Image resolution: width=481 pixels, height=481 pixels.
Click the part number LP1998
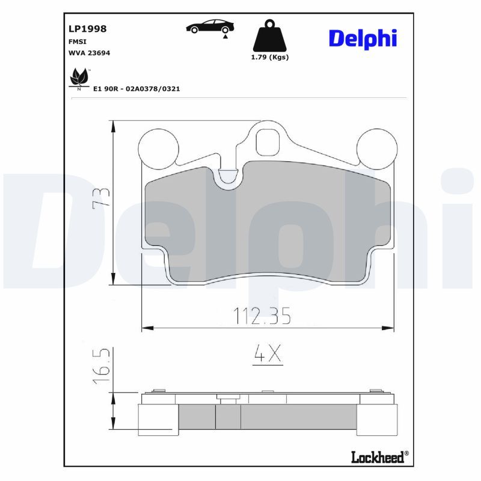tap(87, 29)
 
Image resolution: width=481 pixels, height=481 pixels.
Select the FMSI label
tap(78, 41)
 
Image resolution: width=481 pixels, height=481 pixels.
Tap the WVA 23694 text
tap(89, 53)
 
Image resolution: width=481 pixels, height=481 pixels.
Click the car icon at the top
tap(210, 28)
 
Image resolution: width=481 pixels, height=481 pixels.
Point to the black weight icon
tap(269, 35)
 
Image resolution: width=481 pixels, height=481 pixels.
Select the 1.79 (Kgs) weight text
tap(270, 57)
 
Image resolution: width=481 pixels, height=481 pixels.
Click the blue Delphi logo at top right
tap(363, 38)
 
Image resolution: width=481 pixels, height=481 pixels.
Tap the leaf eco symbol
tap(79, 79)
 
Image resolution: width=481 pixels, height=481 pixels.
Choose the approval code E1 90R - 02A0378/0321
tap(136, 89)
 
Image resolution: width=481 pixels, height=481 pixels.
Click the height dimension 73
tap(101, 198)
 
